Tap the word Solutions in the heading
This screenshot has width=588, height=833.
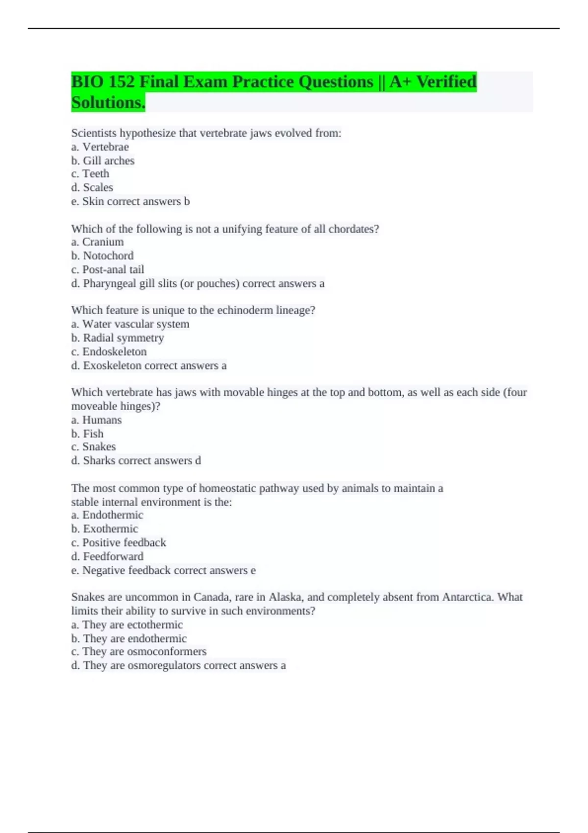pos(108,103)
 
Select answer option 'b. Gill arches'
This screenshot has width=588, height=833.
pos(103,161)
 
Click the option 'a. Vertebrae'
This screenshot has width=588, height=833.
pos(100,147)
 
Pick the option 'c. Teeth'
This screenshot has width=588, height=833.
pos(90,174)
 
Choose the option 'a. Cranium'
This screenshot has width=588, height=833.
pos(98,242)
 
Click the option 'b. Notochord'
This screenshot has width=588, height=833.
pos(102,256)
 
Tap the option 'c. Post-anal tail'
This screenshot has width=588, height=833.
pos(108,269)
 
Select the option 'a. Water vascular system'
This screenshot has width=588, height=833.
pos(130,324)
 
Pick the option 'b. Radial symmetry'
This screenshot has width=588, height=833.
pos(118,338)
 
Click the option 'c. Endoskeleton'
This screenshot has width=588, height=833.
pos(109,352)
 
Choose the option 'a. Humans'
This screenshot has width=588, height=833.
pos(97,420)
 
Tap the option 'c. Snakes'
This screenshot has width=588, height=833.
pos(94,447)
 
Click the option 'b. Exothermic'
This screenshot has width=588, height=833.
pos(105,529)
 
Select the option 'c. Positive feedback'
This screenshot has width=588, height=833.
pos(119,542)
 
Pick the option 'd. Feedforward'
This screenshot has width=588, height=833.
pos(107,557)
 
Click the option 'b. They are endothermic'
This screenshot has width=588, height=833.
pos(129,638)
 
